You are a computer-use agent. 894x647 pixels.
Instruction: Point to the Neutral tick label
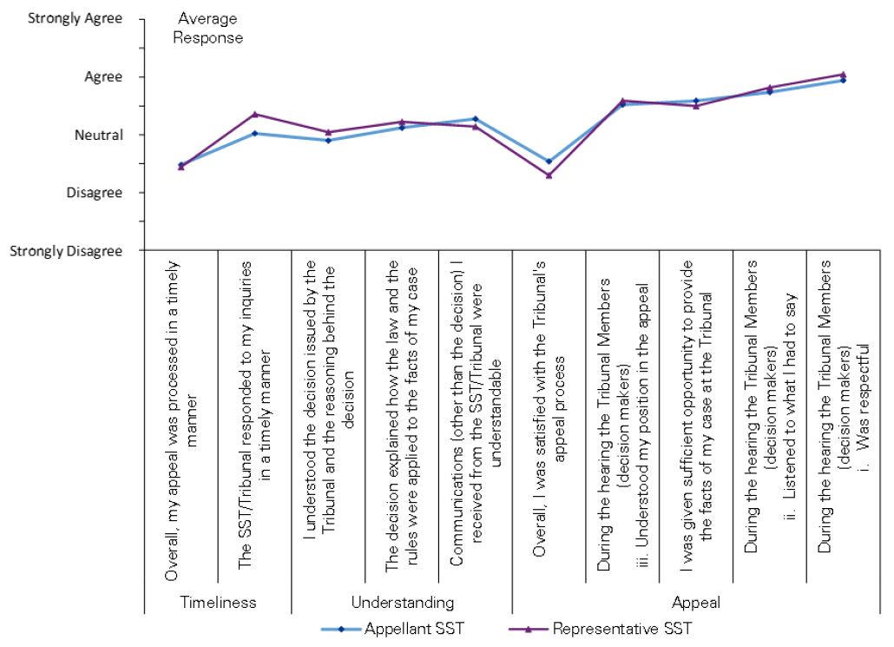tap(97, 135)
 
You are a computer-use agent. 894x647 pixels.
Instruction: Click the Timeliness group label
tap(216, 601)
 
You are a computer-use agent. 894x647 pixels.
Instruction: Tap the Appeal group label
tap(696, 601)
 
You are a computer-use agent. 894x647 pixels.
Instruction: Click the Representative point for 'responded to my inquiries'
tap(254, 114)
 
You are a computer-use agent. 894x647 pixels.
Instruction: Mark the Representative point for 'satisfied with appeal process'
tap(549, 175)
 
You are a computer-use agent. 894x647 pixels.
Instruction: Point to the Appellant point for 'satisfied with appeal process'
tap(549, 161)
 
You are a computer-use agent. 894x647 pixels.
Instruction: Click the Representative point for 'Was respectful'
tap(843, 74)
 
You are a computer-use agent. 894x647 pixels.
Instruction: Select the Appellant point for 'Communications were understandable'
tap(475, 118)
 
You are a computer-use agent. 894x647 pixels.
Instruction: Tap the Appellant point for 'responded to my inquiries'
tap(254, 133)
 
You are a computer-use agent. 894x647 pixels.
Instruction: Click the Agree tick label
tap(102, 76)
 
